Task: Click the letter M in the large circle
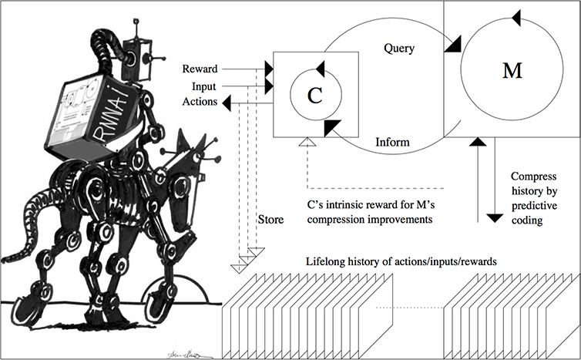512,71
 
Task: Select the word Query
399,49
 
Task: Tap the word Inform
391,143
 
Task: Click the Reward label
199,69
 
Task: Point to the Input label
205,85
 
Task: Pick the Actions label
200,102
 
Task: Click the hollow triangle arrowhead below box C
307,140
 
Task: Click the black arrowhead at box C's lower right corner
333,126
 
